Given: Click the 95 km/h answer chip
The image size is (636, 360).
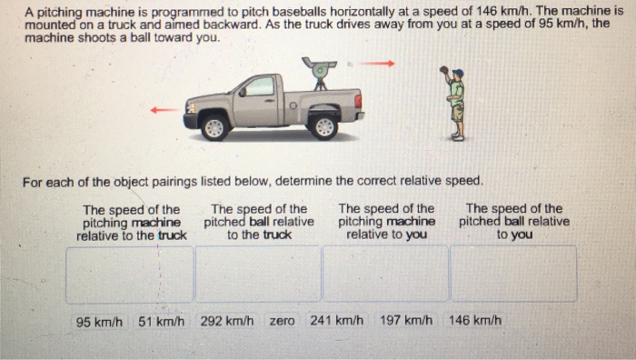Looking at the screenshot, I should coord(99,321).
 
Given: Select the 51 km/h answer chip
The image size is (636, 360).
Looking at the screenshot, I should coord(162,321).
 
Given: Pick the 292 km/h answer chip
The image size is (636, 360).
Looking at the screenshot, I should coord(227,321).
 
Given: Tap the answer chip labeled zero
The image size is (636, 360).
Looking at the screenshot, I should coord(282,321).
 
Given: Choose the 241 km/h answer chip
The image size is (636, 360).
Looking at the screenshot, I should coord(336,321).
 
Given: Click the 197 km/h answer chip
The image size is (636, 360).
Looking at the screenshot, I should coord(406,321).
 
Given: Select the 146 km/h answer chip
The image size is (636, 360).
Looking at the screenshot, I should coord(475,321).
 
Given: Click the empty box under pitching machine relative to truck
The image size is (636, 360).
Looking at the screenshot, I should coord(129,274).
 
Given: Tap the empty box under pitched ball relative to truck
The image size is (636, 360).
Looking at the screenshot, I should coord(258,274).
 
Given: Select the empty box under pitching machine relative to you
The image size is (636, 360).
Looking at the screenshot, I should coord(385,274).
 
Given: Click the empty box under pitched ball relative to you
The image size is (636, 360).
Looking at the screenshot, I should coord(513,274).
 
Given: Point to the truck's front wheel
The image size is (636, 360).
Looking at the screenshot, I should coord(214,126).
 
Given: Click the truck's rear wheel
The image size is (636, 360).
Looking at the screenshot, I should coord(323,125).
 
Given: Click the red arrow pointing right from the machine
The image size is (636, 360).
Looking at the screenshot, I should coord(381,64).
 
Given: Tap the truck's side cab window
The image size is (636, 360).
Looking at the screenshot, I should coord(259,87).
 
